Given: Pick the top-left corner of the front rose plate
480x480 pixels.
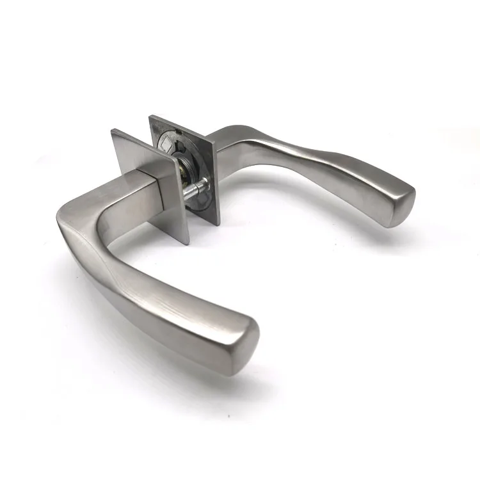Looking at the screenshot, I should (x=112, y=131).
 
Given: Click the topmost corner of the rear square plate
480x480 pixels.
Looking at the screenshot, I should (x=151, y=117).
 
